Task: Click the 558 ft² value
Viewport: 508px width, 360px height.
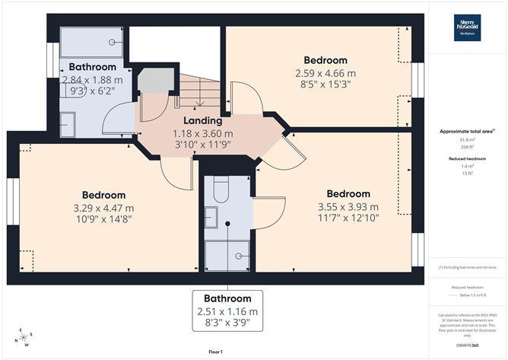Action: pyautogui.click(x=467, y=146)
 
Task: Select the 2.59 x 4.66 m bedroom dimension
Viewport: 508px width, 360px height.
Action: pyautogui.click(x=325, y=73)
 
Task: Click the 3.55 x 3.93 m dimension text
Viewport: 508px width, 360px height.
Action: pyautogui.click(x=348, y=206)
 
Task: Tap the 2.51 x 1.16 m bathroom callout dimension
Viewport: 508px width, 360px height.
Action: pyautogui.click(x=227, y=311)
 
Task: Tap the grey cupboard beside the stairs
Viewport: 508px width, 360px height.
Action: pyautogui.click(x=154, y=79)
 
